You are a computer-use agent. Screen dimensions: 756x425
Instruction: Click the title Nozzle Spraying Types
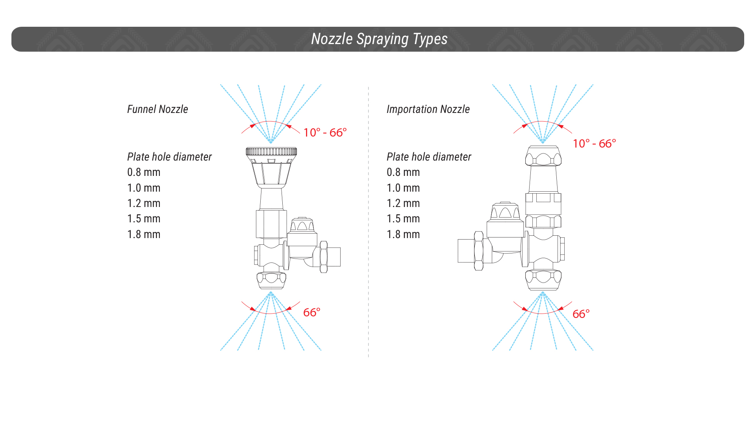pos(379,39)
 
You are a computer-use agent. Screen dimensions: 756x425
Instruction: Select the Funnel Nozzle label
pos(157,109)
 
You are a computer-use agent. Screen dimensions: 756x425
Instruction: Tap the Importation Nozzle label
pos(428,109)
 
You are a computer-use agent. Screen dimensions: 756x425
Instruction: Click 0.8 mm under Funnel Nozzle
pos(144,172)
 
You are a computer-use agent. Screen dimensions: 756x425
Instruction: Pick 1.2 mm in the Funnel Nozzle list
pos(144,203)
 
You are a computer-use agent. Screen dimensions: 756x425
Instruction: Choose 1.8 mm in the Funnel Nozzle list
pos(144,234)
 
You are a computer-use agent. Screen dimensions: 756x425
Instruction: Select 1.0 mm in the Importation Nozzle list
pos(403,188)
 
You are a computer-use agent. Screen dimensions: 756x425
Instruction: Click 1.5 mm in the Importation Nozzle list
pos(403,219)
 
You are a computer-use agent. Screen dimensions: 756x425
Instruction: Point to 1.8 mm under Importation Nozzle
pos(403,234)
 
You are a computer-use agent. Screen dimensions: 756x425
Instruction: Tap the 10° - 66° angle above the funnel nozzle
pos(325,133)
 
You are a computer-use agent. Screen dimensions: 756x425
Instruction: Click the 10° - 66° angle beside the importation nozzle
pos(594,144)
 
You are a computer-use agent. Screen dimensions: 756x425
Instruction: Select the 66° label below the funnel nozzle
pos(312,312)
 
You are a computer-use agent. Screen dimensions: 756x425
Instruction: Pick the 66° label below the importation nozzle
pos(581,314)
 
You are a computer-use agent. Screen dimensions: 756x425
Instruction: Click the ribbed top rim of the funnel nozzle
pos(271,152)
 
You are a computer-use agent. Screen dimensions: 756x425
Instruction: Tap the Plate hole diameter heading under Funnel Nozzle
pos(169,157)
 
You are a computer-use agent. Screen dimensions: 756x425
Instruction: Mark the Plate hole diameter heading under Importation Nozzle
pos(429,157)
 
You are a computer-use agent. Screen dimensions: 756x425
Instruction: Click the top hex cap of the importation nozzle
pos(543,156)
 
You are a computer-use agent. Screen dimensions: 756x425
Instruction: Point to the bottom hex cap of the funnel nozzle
pos(271,280)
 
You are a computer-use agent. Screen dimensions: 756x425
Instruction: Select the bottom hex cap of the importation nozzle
pos(543,280)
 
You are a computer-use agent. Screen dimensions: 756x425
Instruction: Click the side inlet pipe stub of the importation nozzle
pos(466,251)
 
